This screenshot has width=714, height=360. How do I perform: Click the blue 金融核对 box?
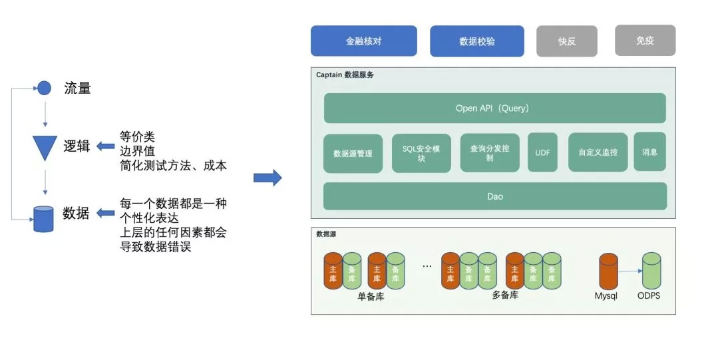click(x=363, y=41)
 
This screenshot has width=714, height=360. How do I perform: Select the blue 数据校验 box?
click(x=476, y=41)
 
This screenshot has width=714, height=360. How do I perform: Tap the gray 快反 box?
click(x=567, y=41)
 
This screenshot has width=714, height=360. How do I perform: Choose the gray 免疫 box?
click(x=645, y=40)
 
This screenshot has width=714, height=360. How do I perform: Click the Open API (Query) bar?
click(x=494, y=108)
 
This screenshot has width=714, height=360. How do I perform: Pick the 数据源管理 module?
click(x=353, y=153)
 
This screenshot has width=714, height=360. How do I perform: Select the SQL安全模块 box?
click(x=421, y=153)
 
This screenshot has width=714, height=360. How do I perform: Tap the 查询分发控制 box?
click(x=489, y=153)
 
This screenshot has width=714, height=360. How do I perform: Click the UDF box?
click(x=542, y=152)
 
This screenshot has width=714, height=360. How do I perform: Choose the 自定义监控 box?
click(x=598, y=152)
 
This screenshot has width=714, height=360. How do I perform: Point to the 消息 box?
click(x=649, y=152)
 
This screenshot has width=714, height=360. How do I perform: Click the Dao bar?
click(x=494, y=196)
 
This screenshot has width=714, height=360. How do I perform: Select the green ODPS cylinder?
click(x=651, y=271)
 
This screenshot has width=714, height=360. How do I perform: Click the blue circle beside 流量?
click(x=44, y=87)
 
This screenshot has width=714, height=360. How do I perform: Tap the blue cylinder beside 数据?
click(x=43, y=218)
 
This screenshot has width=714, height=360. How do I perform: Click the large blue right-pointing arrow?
click(x=268, y=178)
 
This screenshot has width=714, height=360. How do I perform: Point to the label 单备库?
click(x=371, y=297)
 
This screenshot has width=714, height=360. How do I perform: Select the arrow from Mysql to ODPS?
click(x=629, y=271)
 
